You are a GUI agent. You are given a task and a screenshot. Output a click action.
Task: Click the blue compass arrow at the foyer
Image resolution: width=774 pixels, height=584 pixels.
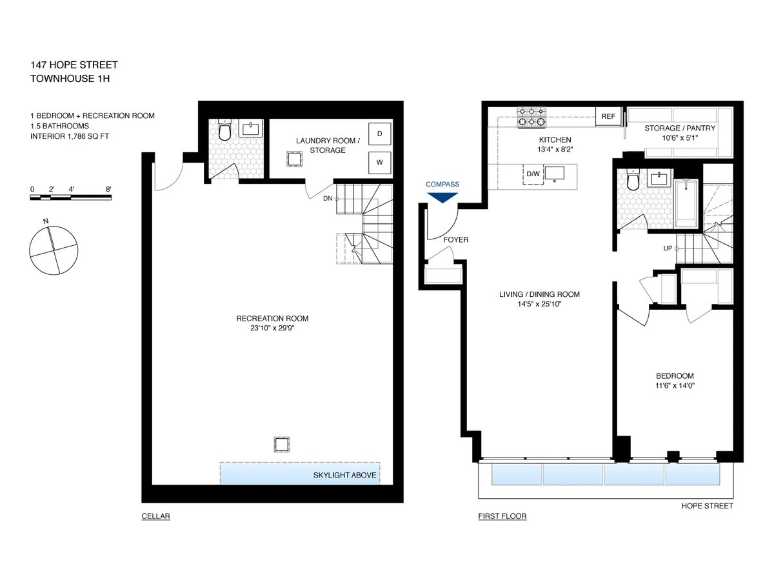pos(442,197)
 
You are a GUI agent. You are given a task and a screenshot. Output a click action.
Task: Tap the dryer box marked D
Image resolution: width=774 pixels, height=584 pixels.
pos(379,134)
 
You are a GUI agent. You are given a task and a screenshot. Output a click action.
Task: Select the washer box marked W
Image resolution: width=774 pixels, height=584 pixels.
pos(379,163)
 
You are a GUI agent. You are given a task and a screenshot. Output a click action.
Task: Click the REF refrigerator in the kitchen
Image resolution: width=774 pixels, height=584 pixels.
pos(608,117)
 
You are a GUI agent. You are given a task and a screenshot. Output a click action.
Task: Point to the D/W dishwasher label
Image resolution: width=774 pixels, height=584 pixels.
pos(533,174)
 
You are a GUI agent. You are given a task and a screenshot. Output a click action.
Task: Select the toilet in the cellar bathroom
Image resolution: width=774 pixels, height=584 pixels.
pos(224,132)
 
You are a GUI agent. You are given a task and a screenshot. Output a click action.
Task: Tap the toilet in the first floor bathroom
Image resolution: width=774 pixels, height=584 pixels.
pos(631,181)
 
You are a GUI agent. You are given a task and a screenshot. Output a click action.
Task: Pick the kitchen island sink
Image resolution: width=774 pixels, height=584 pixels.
pos(555,174)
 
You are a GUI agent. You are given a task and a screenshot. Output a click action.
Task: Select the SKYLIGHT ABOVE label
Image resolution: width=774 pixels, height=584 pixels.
pos(344,476)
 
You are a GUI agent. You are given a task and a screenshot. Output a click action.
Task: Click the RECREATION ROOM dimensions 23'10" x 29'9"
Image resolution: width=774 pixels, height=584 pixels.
pos(272,328)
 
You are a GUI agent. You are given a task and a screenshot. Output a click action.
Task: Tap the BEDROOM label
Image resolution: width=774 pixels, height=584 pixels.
pos(675,376)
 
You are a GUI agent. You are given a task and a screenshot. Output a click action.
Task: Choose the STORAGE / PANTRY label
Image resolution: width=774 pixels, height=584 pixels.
pos(680,128)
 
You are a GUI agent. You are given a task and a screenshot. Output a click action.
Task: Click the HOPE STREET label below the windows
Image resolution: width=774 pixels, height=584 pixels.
pos(707,506)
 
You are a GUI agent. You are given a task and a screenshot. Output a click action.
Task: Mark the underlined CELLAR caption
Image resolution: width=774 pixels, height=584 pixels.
pos(155,516)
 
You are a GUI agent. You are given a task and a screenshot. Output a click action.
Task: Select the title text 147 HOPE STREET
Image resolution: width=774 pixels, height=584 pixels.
pos(74,65)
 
